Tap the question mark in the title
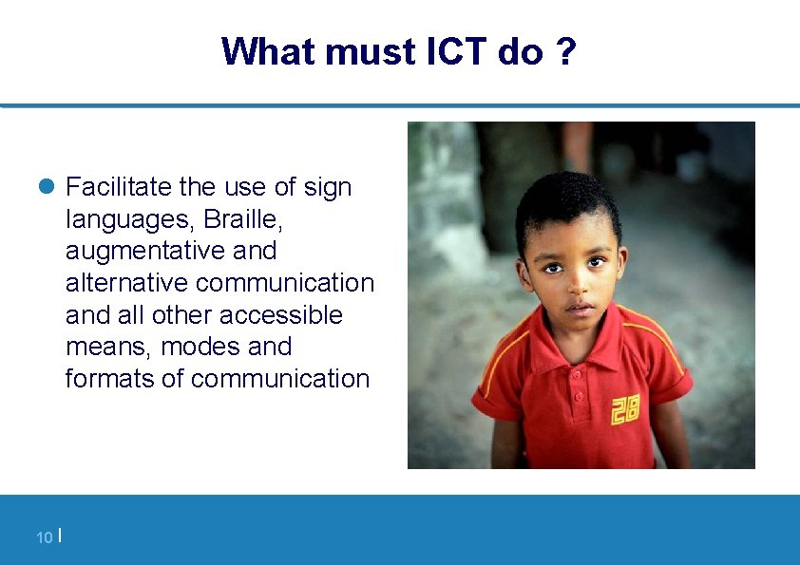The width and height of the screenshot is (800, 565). (x=565, y=51)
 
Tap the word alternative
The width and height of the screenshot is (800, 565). (x=127, y=283)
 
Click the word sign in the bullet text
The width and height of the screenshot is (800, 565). (x=328, y=187)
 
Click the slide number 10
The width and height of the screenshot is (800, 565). (x=44, y=538)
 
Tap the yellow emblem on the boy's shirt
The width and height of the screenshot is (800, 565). (x=624, y=409)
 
